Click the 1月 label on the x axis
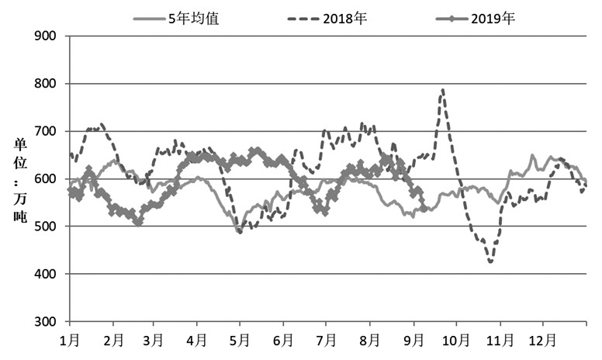(70, 340)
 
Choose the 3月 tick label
(154, 340)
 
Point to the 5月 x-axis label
(239, 340)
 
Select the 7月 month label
(326, 340)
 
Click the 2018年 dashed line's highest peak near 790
(442, 89)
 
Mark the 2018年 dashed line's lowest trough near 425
(490, 262)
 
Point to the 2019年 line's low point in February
(138, 223)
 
